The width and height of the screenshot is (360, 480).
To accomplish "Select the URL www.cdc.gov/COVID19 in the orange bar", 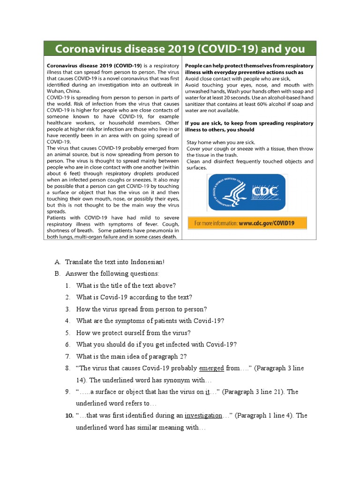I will tap(266, 223).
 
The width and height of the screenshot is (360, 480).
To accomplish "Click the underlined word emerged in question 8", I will tap(211, 368).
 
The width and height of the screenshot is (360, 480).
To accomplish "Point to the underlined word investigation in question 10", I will tap(203, 415).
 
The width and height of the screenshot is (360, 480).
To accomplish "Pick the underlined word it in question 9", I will tap(207, 392).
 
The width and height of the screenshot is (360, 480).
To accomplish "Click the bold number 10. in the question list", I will tap(68, 415).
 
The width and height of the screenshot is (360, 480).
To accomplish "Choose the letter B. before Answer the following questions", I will tap(58, 273).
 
